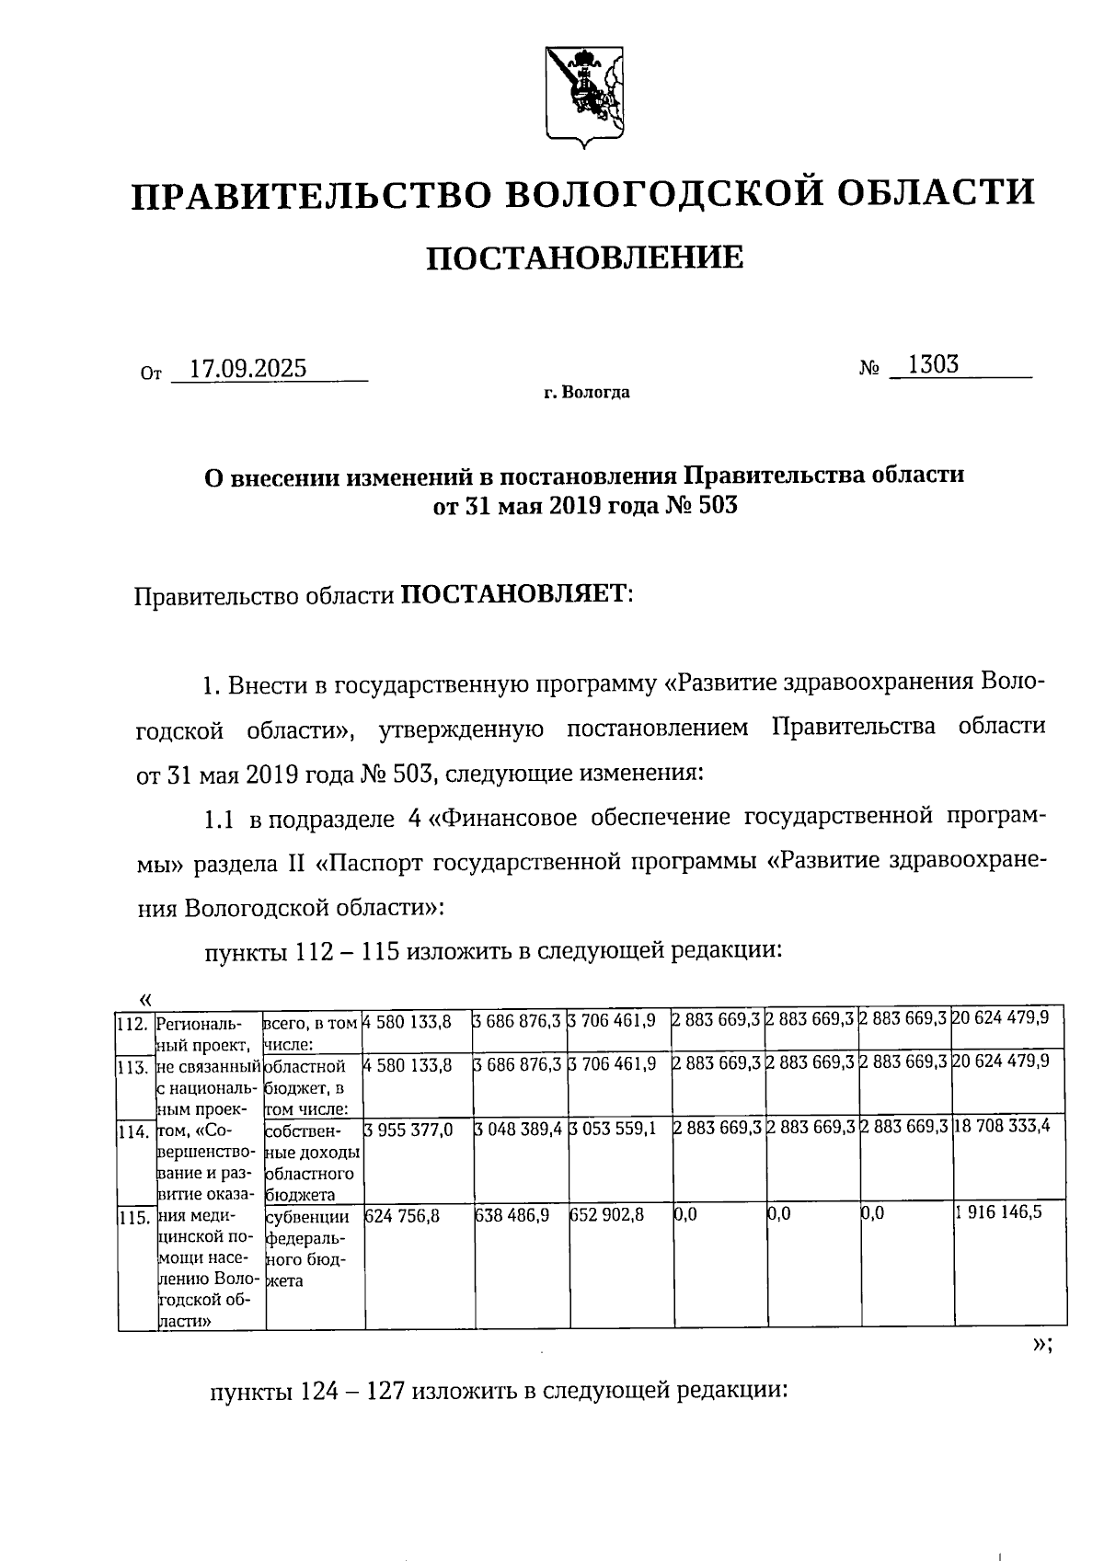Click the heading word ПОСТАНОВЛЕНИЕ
coord(585,258)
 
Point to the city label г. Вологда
coord(586,393)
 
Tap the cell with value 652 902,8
coord(606,1215)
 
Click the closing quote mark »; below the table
coord(1041,1344)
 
